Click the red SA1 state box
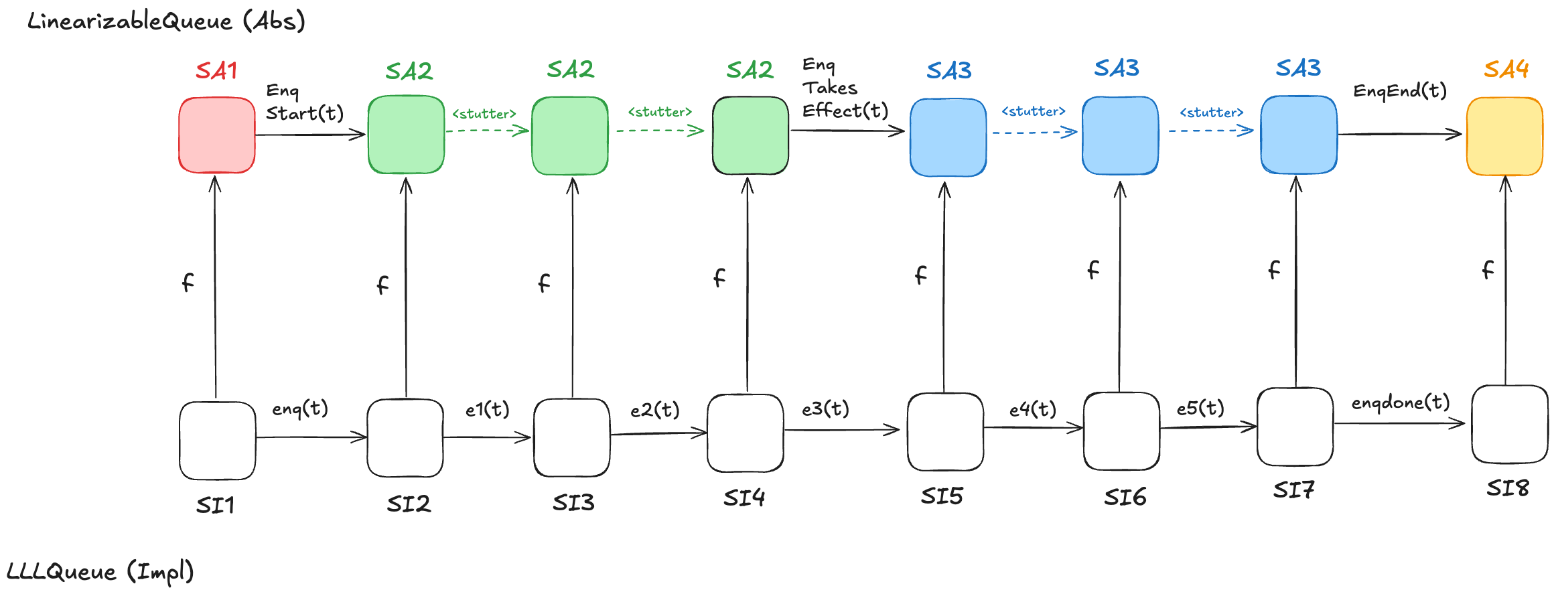click(x=217, y=135)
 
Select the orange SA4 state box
click(x=1504, y=137)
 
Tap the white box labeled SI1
click(x=217, y=441)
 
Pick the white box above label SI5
click(x=945, y=432)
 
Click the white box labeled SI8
click(x=1510, y=424)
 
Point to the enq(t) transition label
click(x=299, y=409)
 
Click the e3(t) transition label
click(x=825, y=409)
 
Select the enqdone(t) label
click(x=1400, y=402)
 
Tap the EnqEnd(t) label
click(x=1400, y=90)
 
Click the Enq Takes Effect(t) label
click(x=844, y=88)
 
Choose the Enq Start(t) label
click(x=304, y=102)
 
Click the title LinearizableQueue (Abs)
click(x=166, y=21)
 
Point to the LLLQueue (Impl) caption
click(x=100, y=572)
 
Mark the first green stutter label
click(x=484, y=114)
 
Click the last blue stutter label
click(x=1211, y=113)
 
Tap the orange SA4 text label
click(x=1506, y=69)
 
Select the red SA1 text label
click(x=216, y=70)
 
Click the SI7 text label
click(x=1293, y=490)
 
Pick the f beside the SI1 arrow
click(x=188, y=282)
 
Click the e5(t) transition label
click(x=1200, y=408)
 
